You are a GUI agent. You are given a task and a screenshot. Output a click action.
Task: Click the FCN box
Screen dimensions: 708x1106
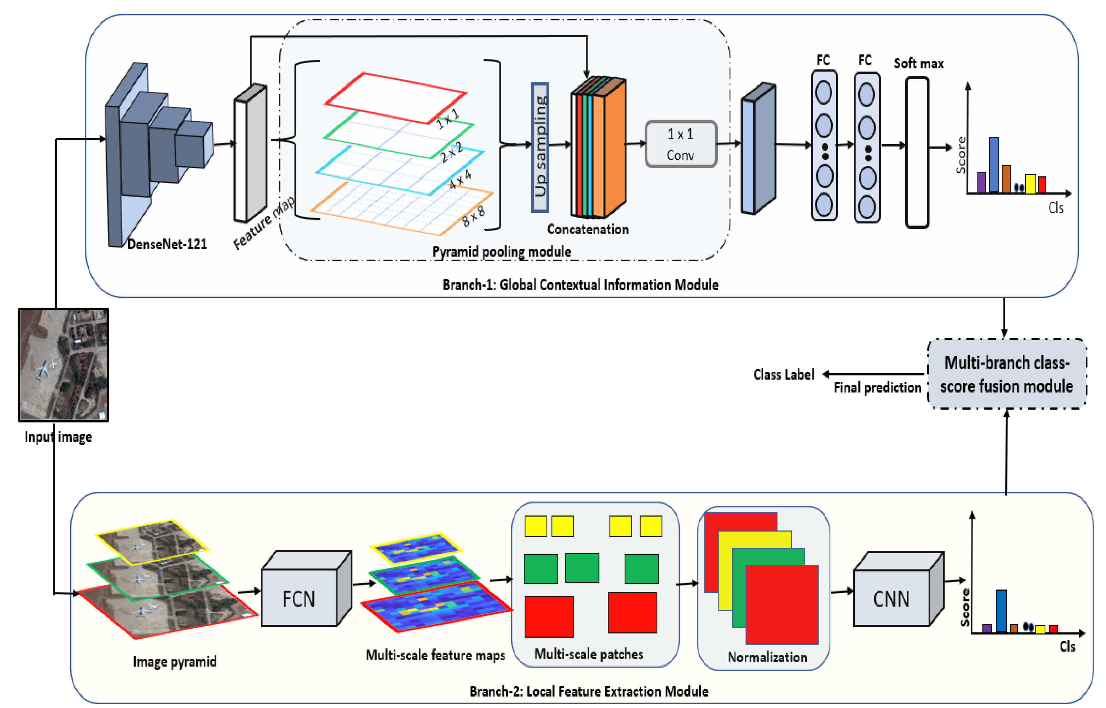tap(299, 598)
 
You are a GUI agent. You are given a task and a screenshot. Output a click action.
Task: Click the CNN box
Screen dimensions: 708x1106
tap(891, 598)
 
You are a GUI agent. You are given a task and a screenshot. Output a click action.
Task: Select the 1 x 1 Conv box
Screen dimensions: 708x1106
tap(681, 144)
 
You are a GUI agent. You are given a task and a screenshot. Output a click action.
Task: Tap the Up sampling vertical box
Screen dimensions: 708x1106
tap(540, 147)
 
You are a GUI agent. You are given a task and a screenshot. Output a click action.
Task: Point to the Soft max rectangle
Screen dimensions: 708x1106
tap(917, 152)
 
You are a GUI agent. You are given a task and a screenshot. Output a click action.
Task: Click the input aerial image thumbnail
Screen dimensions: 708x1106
tap(64, 365)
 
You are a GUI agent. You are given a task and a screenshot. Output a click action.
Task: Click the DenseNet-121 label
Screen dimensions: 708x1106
tap(167, 244)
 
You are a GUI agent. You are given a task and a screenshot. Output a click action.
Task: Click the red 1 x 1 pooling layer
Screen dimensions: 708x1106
tap(395, 97)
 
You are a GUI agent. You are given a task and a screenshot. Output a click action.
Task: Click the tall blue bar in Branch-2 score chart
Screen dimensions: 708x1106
tap(1001, 611)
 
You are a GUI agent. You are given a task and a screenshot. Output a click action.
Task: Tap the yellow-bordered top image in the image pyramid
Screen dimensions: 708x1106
tap(152, 541)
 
